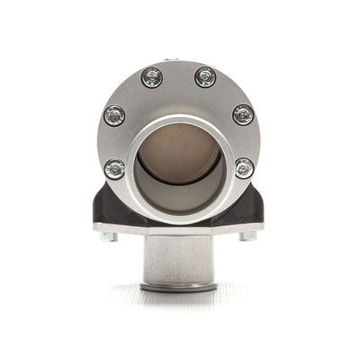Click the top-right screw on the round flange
coord(205,76)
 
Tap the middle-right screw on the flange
coord(243,114)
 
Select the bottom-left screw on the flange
coord(114,167)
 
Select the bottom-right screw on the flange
coord(244,167)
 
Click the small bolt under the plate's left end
coord(108,237)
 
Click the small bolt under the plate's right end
coord(248,237)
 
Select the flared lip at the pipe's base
coord(180,287)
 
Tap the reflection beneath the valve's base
coord(180,301)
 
